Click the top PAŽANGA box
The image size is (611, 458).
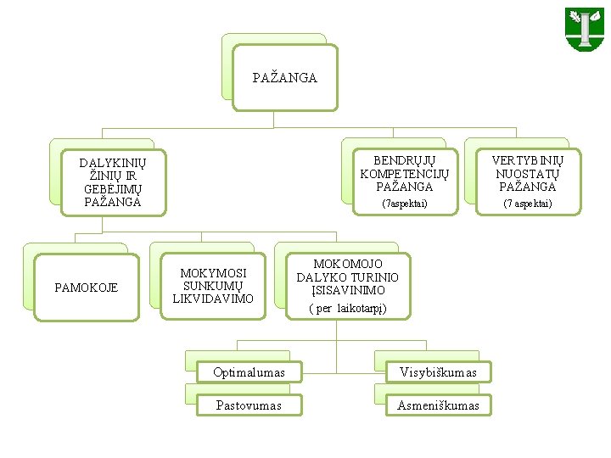284,78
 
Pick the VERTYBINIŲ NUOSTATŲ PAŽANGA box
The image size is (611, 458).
527,180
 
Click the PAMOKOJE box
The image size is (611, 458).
87,288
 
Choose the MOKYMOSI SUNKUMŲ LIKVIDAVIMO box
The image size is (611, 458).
213,286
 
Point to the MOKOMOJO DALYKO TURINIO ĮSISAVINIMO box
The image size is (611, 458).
347,286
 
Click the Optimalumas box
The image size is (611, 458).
249,372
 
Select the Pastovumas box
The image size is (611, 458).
249,405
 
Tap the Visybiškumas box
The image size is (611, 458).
438,372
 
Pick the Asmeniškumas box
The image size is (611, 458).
438,405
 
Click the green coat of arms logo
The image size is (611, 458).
584,29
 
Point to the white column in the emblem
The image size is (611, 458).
586,31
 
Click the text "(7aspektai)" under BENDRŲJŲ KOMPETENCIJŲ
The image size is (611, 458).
405,204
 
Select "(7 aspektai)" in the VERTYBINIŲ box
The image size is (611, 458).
527,204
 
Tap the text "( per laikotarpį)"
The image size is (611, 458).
347,309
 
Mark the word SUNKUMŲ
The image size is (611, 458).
213,286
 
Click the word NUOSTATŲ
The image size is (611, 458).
527,174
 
